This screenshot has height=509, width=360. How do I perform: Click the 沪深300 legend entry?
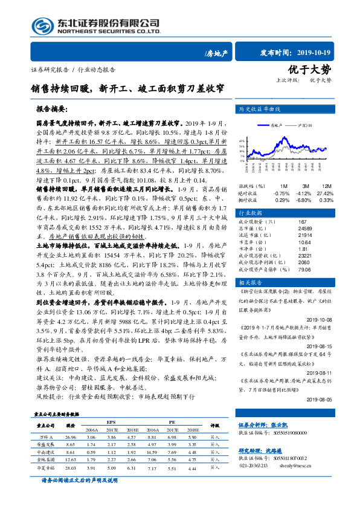pyautogui.click(x=307, y=124)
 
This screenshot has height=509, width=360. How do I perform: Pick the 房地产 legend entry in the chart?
pyautogui.click(x=274, y=124)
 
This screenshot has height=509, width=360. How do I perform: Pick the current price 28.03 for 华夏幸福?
pyautogui.click(x=71, y=467)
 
